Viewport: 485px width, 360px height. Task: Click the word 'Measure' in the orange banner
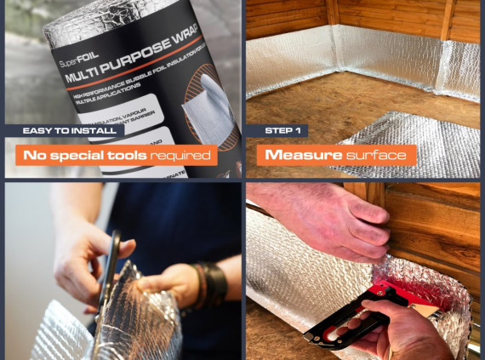click(304, 155)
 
